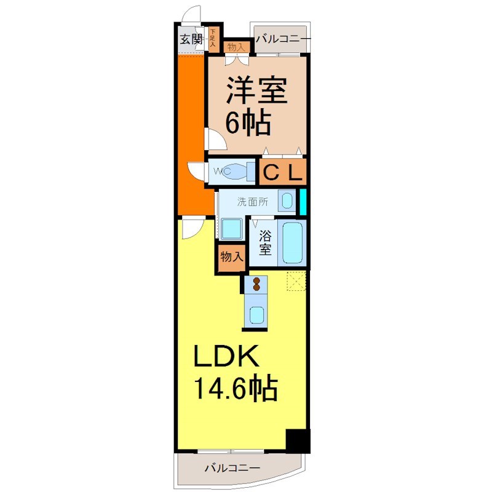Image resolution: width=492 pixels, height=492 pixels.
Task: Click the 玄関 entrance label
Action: click(191, 39)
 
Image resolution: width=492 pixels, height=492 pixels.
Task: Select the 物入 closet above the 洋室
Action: click(236, 47)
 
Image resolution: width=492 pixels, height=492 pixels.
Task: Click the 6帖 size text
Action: click(248, 124)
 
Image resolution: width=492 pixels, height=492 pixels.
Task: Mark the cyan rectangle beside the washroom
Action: click(302, 202)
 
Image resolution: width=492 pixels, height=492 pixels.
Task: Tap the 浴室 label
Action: click(265, 242)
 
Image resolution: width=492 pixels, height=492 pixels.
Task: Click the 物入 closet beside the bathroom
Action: click(231, 257)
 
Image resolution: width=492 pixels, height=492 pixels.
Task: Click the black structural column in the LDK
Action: click(297, 440)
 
